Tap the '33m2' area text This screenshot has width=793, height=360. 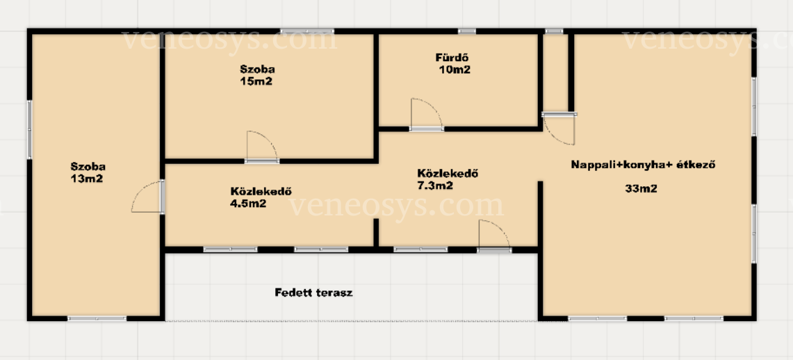click(x=641, y=189)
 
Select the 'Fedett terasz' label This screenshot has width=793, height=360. click(x=313, y=293)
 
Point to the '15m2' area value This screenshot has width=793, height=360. click(x=256, y=81)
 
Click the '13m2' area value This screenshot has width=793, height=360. click(x=87, y=179)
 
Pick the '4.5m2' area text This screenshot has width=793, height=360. click(x=248, y=204)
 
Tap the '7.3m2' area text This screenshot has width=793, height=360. click(x=435, y=186)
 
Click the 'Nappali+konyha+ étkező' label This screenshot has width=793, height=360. click(x=644, y=165)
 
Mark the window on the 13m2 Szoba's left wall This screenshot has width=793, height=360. click(x=29, y=130)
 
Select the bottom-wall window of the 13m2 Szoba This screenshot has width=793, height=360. click(x=97, y=318)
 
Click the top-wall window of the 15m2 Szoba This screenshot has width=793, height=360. click(x=307, y=31)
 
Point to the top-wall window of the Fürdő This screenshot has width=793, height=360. click(x=467, y=31)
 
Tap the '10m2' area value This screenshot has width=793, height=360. click(x=454, y=69)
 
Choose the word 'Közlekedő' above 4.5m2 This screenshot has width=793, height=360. click(x=261, y=192)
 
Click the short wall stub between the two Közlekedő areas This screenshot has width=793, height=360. click(x=376, y=233)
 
